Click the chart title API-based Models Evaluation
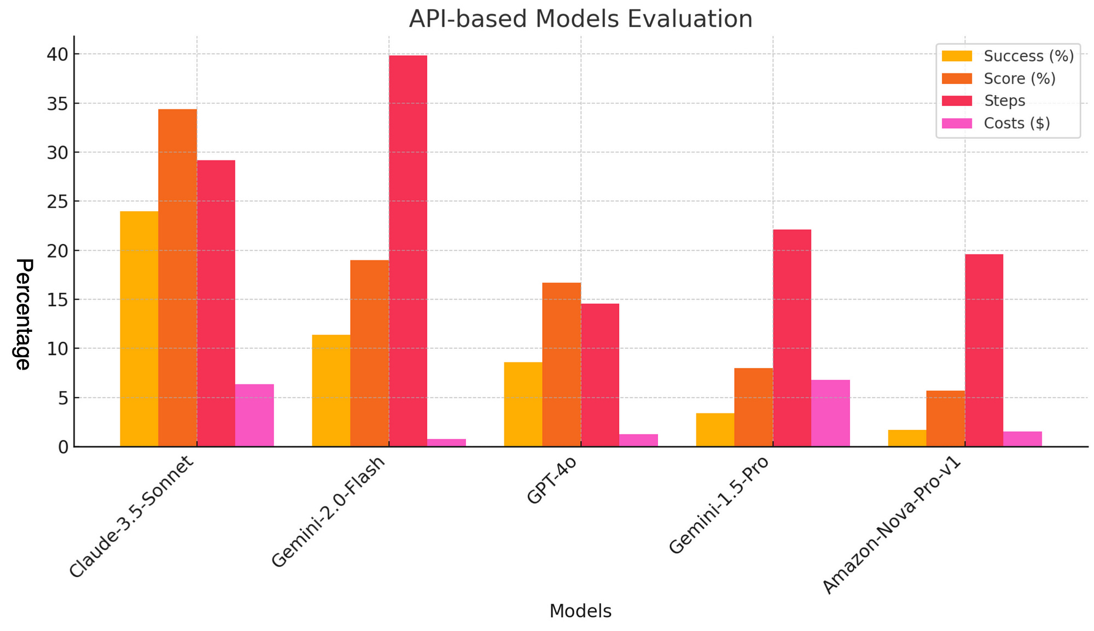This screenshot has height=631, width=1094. (580, 19)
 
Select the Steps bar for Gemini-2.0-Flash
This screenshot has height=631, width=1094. (408, 251)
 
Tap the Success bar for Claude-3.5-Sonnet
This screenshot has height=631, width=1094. (139, 329)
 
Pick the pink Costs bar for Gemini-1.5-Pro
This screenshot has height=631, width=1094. (830, 413)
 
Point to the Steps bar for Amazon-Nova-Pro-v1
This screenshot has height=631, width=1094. (984, 350)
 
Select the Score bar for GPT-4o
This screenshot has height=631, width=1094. (561, 364)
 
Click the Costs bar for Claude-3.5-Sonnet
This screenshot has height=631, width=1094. (254, 415)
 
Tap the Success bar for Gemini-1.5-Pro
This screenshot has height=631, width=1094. (715, 430)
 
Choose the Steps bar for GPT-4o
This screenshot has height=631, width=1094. (600, 375)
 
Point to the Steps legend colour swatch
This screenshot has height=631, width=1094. (957, 101)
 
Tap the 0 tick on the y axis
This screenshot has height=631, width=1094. (63, 447)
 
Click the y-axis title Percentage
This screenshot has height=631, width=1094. (23, 314)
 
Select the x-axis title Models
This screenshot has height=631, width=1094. (580, 611)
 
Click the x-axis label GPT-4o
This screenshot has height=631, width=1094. (551, 482)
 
